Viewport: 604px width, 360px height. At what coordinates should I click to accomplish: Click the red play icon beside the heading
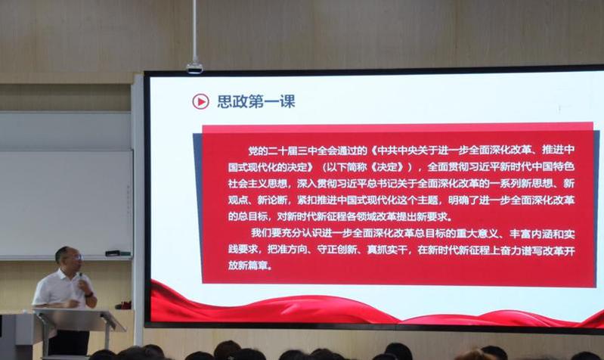point(200,101)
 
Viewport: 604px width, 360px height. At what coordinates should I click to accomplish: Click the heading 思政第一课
point(256,101)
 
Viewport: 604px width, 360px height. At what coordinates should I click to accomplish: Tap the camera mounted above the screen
point(194,68)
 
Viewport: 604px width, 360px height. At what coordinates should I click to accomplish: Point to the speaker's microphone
point(80,278)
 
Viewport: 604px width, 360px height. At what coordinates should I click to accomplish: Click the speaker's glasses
point(77,257)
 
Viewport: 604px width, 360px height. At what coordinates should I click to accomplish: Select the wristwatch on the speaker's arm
point(89,294)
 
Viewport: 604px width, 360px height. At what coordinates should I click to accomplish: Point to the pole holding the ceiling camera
point(194,31)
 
